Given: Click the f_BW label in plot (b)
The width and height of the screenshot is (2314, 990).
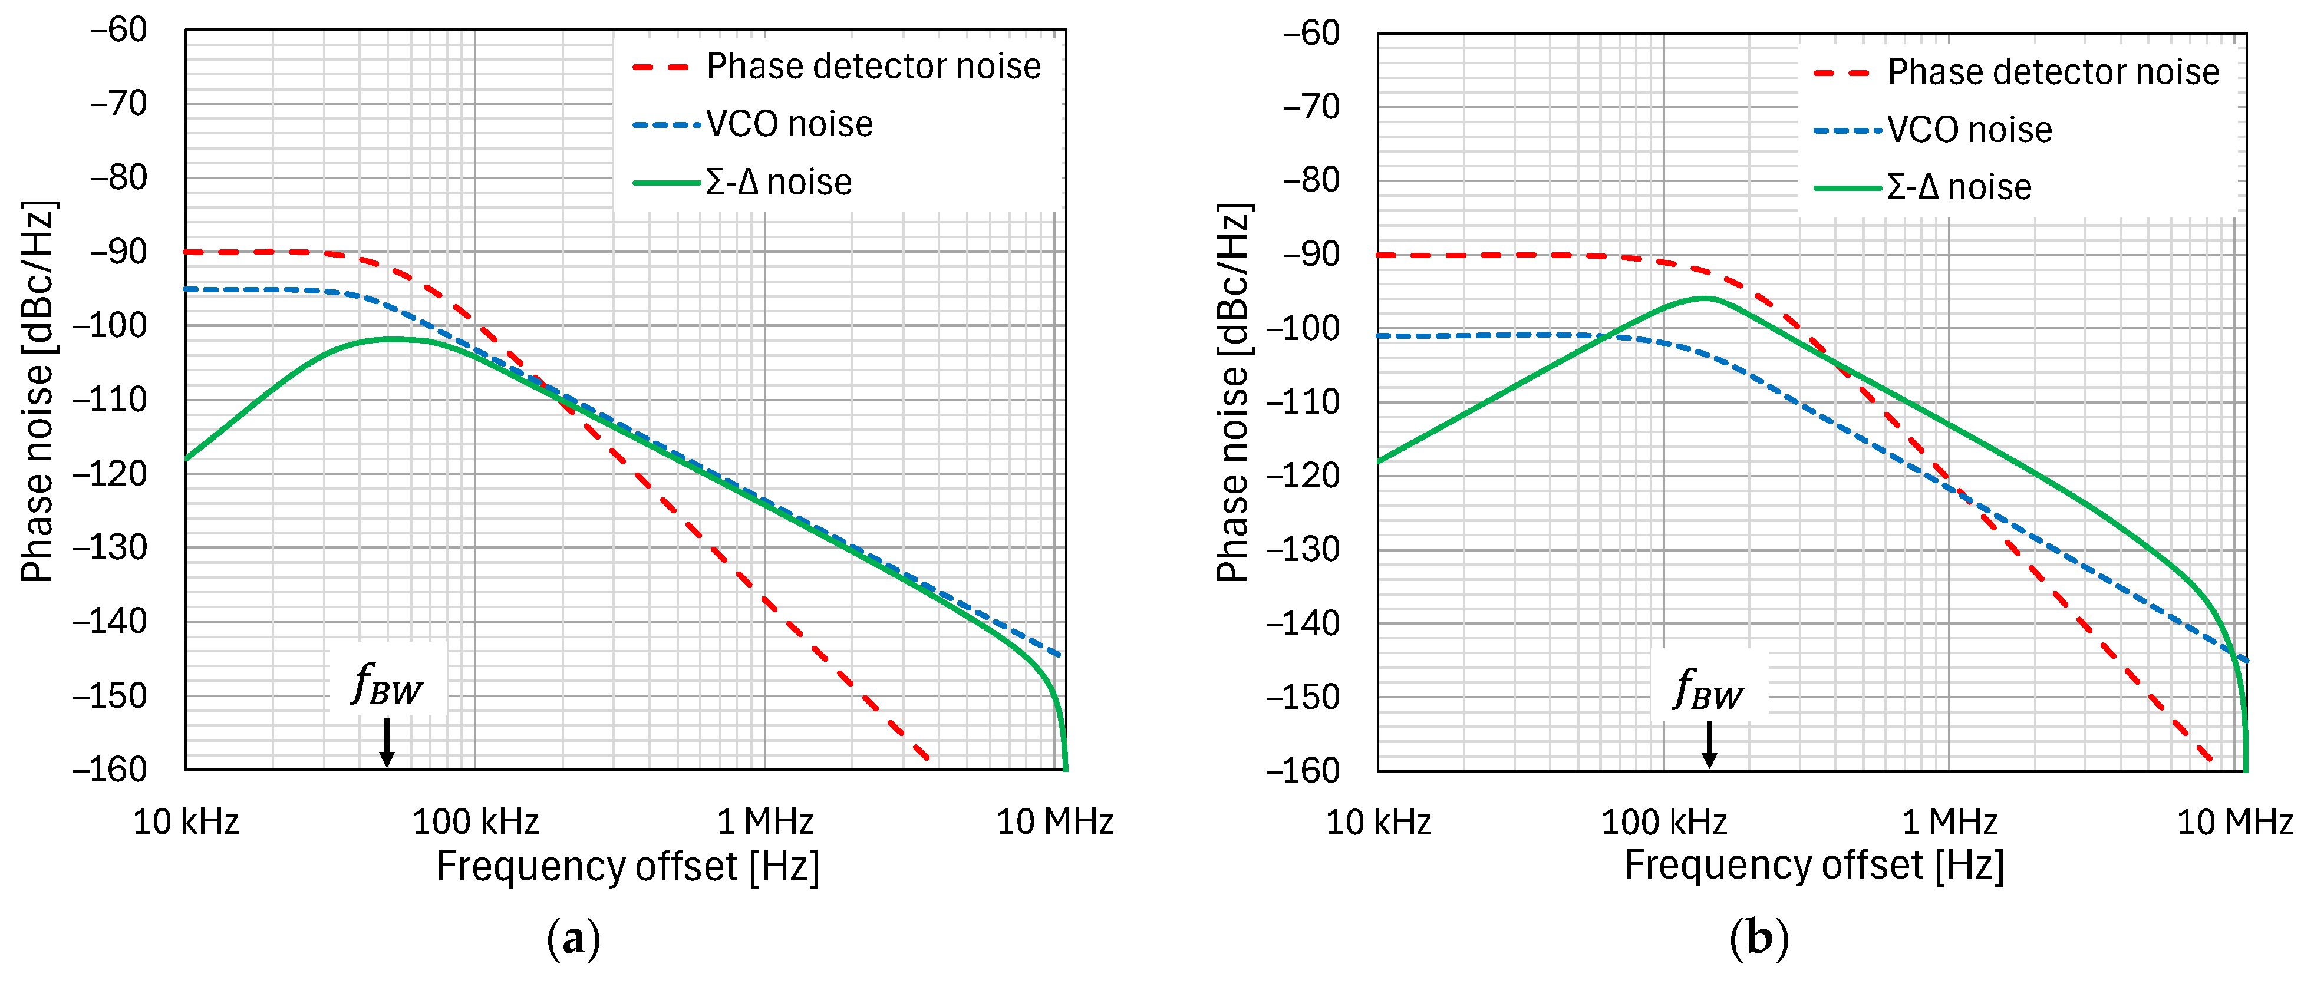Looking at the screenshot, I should point(1709,691).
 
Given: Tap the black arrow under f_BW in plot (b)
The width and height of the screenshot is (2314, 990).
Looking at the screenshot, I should point(1709,745).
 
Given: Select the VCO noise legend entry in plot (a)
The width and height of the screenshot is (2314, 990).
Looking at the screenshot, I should point(788,124).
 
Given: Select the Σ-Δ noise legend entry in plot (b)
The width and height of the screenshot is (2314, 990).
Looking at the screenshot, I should point(1958,187).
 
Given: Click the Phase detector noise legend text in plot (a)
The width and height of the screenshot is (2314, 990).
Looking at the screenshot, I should point(872,67).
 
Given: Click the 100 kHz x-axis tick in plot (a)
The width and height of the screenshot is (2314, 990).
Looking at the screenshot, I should point(475,821).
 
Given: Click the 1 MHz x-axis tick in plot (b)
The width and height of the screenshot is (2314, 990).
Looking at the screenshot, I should point(1949,821).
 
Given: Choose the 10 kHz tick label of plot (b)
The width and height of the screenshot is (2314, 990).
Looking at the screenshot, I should point(1378,821).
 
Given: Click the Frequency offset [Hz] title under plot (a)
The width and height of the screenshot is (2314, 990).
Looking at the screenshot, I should point(627,867).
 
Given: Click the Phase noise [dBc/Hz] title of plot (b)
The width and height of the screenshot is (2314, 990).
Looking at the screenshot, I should point(1234,392).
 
